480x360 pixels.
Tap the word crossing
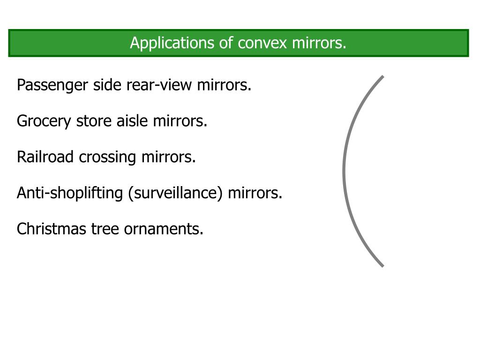[x=108, y=157]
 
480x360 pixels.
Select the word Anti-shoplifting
[x=70, y=193]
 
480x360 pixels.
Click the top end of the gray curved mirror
[x=382, y=77]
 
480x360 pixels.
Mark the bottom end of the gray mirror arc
[x=382, y=266]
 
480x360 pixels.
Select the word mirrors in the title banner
[x=319, y=43]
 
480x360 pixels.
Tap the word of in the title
[x=226, y=43]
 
